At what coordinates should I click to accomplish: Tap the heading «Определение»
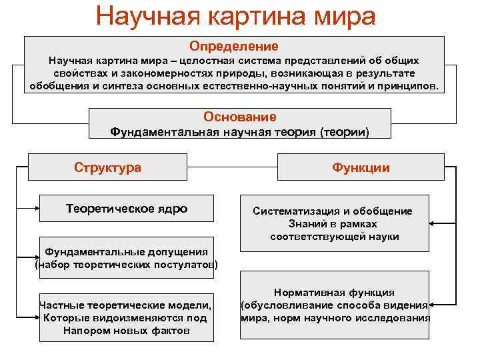click(x=234, y=47)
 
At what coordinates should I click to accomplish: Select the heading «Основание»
click(x=240, y=117)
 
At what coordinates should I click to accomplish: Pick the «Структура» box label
click(x=107, y=167)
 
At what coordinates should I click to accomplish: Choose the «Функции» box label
click(x=361, y=168)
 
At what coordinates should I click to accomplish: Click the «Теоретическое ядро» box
click(x=127, y=209)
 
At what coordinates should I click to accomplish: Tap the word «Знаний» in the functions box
click(x=308, y=224)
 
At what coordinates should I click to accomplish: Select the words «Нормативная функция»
click(x=334, y=293)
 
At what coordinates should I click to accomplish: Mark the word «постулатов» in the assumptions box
click(x=181, y=265)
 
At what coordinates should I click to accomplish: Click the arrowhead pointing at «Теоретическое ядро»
click(x=36, y=208)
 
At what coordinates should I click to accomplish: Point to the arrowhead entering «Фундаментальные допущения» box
click(x=36, y=254)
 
